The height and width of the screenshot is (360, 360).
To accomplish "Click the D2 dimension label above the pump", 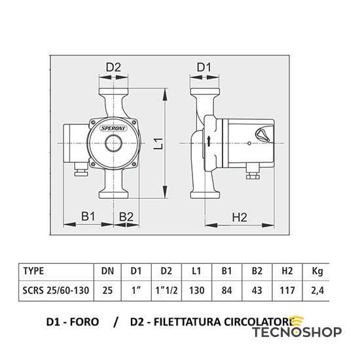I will coord(114,67).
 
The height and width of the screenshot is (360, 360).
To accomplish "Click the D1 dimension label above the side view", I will coord(204,67).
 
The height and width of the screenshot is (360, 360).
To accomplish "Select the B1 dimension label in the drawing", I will coord(88,216).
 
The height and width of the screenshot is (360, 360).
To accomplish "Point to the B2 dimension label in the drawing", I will coord(126,216).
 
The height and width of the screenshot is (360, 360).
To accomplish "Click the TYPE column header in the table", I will coord(34,270).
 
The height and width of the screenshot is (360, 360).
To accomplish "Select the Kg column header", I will coord(317,270).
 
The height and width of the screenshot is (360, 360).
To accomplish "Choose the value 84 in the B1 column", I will coord(228,288).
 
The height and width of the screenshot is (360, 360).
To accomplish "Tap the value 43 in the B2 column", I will coord(257,288).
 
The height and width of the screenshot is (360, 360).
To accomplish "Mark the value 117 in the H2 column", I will coord(287,288).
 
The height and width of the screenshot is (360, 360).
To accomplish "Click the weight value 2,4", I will coord(317,288).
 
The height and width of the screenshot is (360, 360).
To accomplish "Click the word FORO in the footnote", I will coord(86,322).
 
